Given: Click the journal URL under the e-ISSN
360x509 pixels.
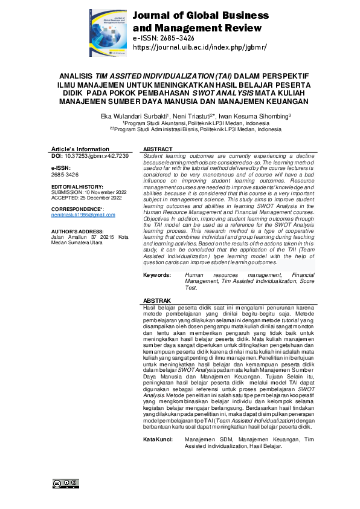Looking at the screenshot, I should point(199,47).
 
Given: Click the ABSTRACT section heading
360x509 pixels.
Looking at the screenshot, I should point(158,149).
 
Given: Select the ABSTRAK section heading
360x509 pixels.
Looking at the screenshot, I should point(157,300).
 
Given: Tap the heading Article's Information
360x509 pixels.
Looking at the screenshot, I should point(80,149).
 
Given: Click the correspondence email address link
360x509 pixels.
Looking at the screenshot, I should point(83,215).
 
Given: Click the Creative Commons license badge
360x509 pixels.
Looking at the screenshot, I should point(66,483).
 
